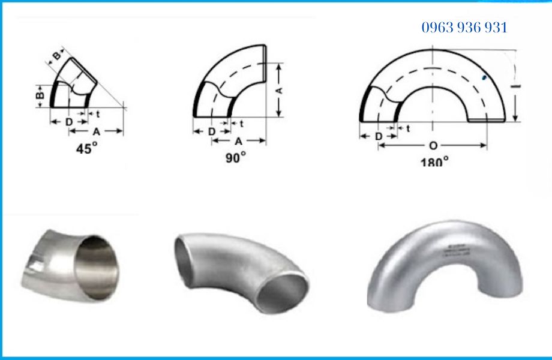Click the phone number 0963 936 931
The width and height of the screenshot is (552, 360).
click(x=464, y=28)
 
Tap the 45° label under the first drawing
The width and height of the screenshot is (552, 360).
click(x=86, y=149)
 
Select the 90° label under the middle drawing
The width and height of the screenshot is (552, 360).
click(x=236, y=157)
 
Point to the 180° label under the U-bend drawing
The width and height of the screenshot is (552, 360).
click(x=434, y=162)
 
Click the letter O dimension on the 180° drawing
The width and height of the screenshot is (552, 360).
click(x=433, y=146)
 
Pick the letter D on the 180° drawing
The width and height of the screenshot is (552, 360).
click(x=379, y=136)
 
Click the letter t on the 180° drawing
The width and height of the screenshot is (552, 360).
click(x=408, y=128)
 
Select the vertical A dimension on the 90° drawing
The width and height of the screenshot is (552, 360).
click(x=279, y=91)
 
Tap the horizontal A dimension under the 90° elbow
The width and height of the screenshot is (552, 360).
click(x=238, y=142)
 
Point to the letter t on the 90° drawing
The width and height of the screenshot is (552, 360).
click(x=241, y=124)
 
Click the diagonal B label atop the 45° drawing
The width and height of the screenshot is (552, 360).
click(x=56, y=56)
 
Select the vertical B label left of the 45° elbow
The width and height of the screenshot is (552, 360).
click(x=38, y=95)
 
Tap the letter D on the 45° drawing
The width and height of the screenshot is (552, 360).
click(x=69, y=122)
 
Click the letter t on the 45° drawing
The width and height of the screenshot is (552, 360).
click(x=97, y=113)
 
